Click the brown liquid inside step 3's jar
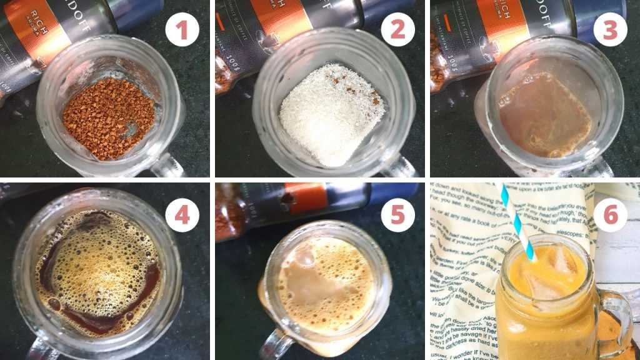coord(544,116)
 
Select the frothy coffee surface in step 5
coord(325,281)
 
